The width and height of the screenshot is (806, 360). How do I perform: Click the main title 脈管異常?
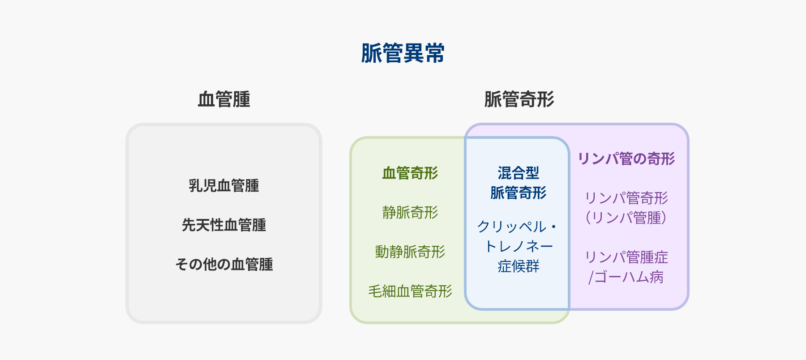pyautogui.click(x=403, y=53)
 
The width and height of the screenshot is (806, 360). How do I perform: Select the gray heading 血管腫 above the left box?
pyautogui.click(x=224, y=99)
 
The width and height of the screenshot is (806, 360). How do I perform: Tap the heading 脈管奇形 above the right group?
pyautogui.click(x=519, y=99)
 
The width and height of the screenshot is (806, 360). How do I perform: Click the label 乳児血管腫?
pyautogui.click(x=224, y=185)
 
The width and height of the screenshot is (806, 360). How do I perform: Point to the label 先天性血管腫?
pyautogui.click(x=224, y=225)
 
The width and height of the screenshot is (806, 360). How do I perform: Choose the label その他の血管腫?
pyautogui.click(x=224, y=264)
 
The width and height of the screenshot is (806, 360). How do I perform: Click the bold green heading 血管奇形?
pyautogui.click(x=410, y=173)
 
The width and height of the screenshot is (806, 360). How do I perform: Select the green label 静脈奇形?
pyautogui.click(x=410, y=212)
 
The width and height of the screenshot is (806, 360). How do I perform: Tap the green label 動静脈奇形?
pyautogui.click(x=410, y=252)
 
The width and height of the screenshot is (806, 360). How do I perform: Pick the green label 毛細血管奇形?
pyautogui.click(x=410, y=291)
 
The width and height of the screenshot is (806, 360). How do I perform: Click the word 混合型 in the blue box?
pyautogui.click(x=518, y=173)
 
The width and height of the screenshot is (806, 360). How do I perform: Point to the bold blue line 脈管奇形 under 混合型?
pyautogui.click(x=518, y=193)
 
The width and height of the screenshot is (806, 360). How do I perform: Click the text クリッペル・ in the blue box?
pyautogui.click(x=517, y=227)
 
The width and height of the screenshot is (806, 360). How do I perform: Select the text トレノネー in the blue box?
pyautogui.click(x=518, y=246)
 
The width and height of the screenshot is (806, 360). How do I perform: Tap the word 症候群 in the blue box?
pyautogui.click(x=518, y=266)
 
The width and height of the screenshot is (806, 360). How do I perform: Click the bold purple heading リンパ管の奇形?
pyautogui.click(x=626, y=159)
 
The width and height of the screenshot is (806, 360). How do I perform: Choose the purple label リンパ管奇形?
pyautogui.click(x=626, y=198)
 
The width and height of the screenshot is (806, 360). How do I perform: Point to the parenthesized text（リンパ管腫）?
pyautogui.click(x=626, y=218)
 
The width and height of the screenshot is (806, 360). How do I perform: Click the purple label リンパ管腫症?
pyautogui.click(x=626, y=257)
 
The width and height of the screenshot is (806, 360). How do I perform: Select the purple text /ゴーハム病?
pyautogui.click(x=626, y=277)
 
